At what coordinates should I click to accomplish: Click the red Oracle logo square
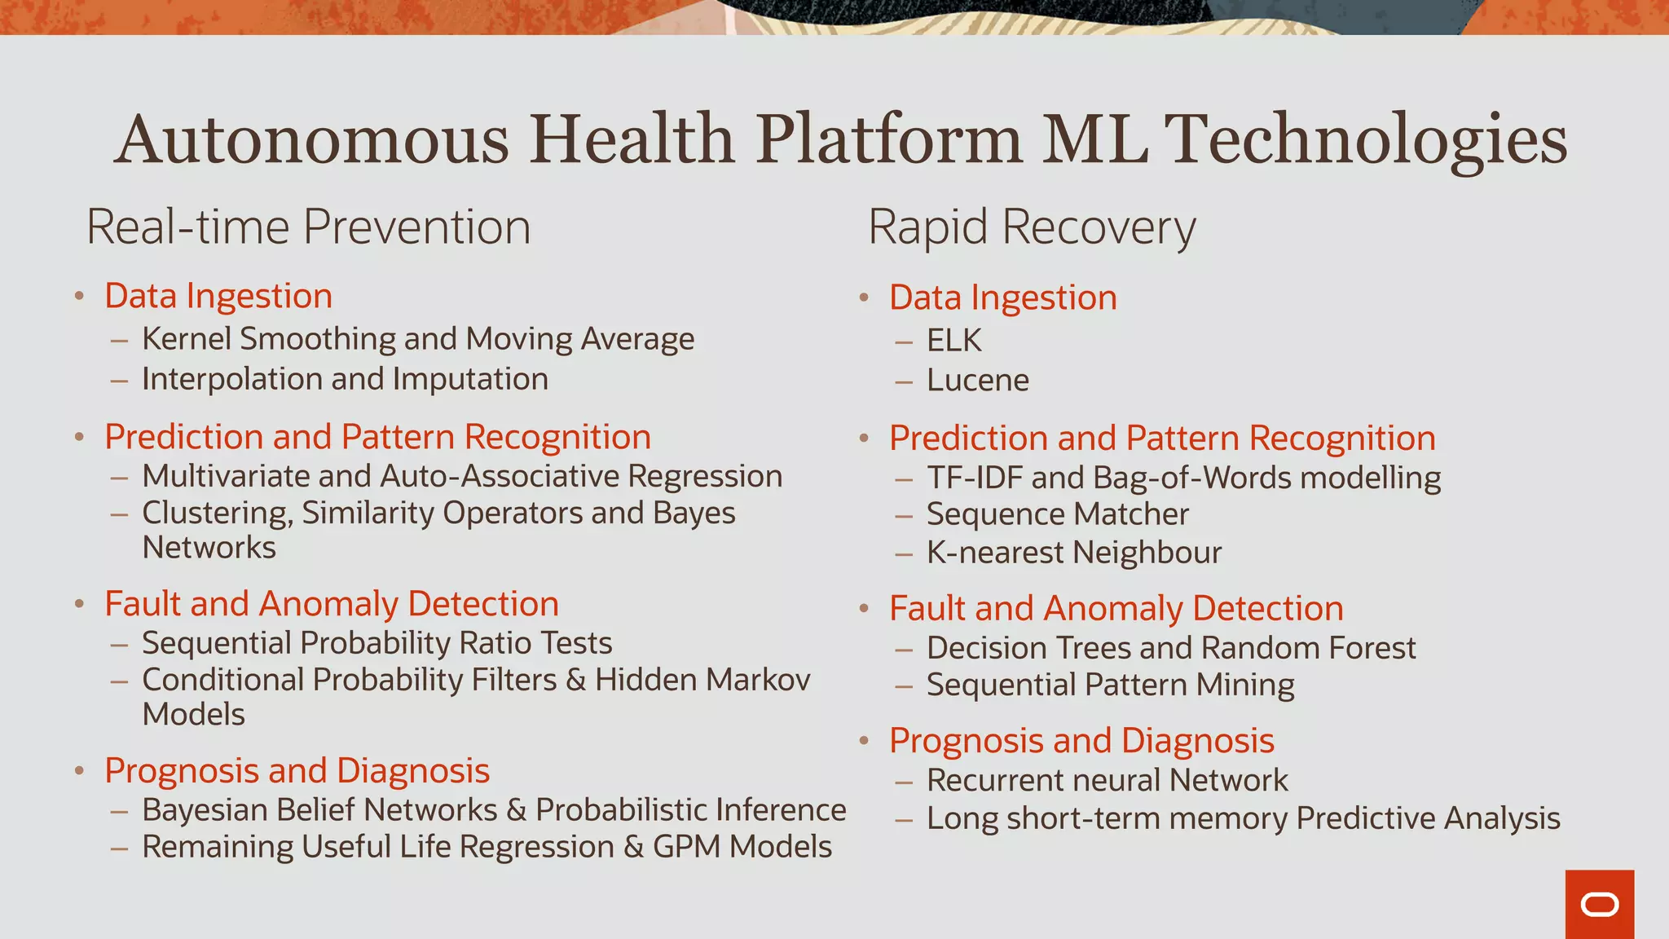pos(1599,904)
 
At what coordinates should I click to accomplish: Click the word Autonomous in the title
pos(311,139)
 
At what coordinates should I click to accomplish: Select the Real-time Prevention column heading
pos(308,227)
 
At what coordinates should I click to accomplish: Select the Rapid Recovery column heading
pos(1031,227)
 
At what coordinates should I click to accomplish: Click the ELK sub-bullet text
pos(953,340)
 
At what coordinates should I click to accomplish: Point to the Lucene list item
pos(977,380)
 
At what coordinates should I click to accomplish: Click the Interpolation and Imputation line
pos(345,379)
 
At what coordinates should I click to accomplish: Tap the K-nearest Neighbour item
pos(1073,553)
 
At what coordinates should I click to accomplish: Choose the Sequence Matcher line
pos(1057,514)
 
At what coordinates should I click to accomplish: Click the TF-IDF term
pos(974,478)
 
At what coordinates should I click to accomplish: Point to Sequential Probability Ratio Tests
pos(377,643)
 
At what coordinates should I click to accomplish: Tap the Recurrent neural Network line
pos(1107,780)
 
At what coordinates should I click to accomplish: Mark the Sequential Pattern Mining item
pos(1110,685)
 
